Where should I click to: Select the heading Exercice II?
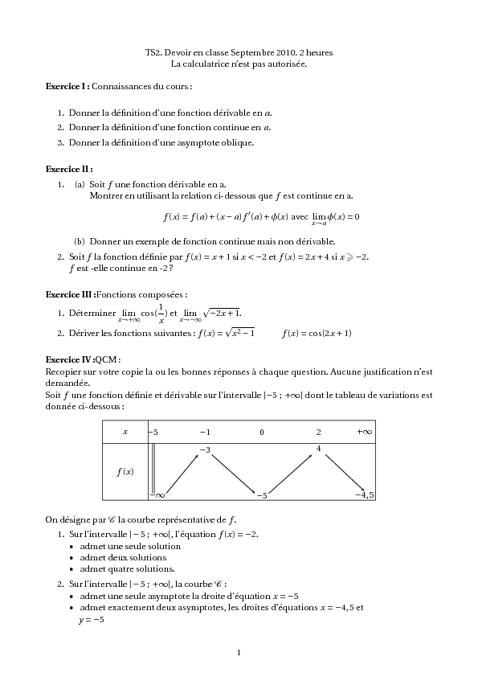click(x=68, y=170)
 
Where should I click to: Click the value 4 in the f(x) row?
click(x=319, y=449)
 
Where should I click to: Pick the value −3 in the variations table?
click(x=205, y=449)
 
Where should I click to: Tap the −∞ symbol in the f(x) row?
click(x=157, y=495)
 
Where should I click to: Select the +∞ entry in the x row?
click(x=364, y=432)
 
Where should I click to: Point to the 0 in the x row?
click(x=261, y=432)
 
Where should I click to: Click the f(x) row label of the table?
click(x=125, y=471)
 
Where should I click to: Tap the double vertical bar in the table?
click(x=153, y=470)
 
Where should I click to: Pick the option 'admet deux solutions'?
click(x=117, y=557)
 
